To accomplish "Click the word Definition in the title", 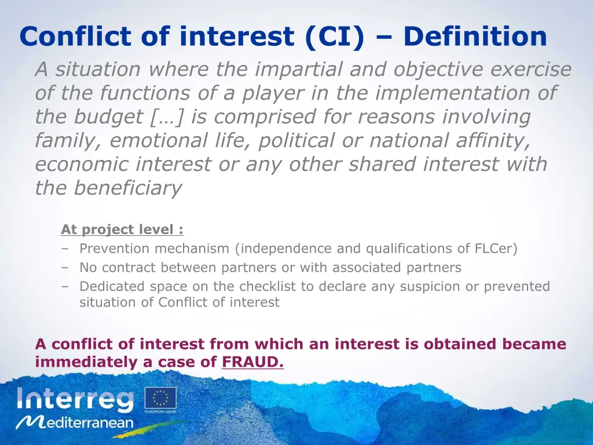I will click(x=475, y=37).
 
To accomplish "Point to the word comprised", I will click(x=262, y=117).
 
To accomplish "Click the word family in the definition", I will click(x=68, y=141).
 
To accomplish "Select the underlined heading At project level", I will click(x=122, y=229).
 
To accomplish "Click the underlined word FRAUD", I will click(x=253, y=363).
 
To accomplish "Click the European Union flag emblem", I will click(x=160, y=398).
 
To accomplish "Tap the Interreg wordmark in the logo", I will click(x=75, y=399).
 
